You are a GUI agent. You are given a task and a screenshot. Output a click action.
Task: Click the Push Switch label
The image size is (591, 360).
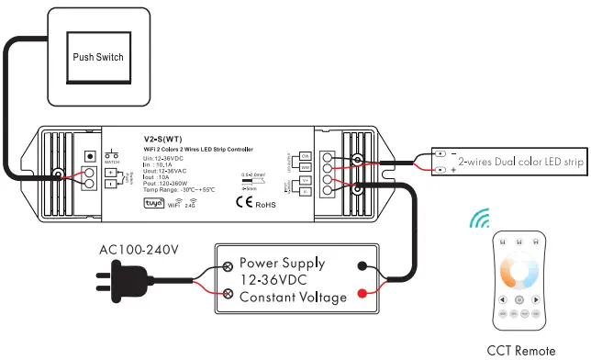click(x=98, y=57)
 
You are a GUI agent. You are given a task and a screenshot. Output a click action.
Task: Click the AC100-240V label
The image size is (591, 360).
click(x=139, y=249)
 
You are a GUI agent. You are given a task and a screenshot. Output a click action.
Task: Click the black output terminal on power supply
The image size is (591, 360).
click(x=364, y=266)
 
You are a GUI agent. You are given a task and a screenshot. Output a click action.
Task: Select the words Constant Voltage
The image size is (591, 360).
click(x=293, y=297)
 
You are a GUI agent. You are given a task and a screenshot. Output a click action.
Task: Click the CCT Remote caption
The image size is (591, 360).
click(x=520, y=350)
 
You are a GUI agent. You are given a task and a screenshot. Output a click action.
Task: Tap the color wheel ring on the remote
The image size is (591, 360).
click(x=519, y=272)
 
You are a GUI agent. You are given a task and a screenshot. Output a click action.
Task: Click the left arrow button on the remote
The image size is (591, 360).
click(x=501, y=299)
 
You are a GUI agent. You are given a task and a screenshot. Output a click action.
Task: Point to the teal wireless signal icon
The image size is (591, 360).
click(x=479, y=219)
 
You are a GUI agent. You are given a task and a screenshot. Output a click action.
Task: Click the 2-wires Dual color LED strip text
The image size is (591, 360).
click(x=520, y=162)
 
